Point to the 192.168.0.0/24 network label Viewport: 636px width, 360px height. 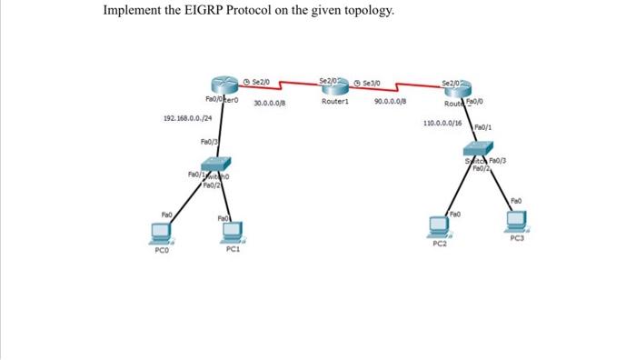point(188,119)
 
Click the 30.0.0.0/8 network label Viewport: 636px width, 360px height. point(270,103)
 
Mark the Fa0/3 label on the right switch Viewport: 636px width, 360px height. point(502,161)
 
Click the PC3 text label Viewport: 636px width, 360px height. point(517,238)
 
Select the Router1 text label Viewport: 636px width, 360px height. point(335,102)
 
